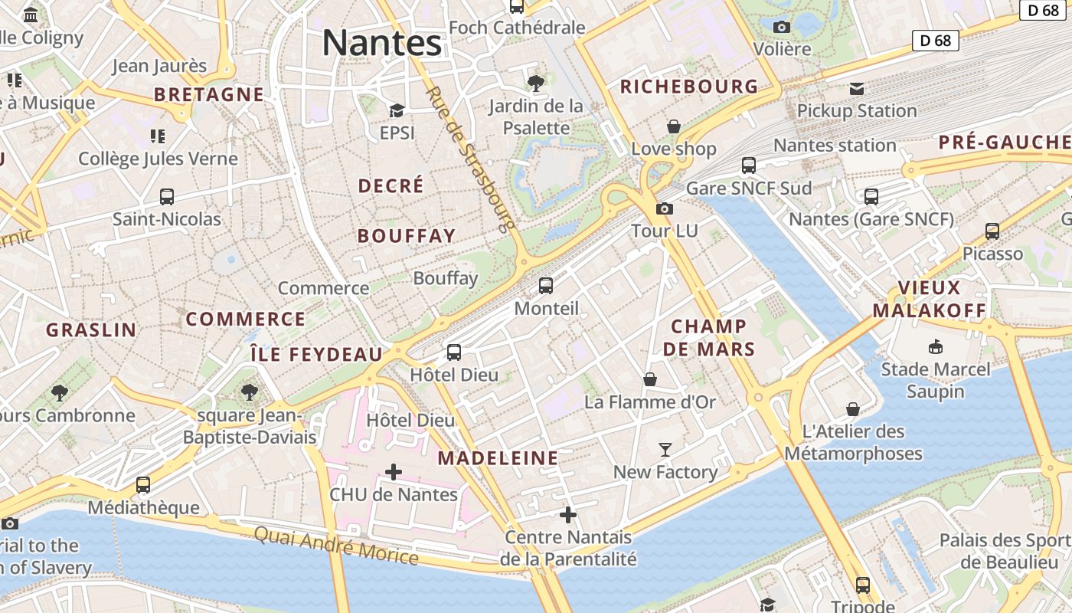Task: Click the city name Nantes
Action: (x=381, y=42)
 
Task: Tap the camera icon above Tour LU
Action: (x=665, y=208)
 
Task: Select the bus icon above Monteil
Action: (x=546, y=286)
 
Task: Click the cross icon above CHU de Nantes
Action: (x=393, y=472)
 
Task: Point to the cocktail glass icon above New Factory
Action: (x=665, y=449)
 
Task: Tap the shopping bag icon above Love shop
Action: (x=674, y=126)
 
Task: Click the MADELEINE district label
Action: (x=498, y=458)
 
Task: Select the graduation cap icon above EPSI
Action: (x=397, y=111)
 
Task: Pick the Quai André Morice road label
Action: (x=336, y=546)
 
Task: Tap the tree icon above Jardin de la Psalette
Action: (x=536, y=83)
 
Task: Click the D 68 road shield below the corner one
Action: (x=936, y=41)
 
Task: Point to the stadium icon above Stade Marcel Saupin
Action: (x=935, y=347)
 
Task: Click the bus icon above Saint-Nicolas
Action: (x=167, y=197)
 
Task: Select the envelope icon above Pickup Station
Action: (x=857, y=89)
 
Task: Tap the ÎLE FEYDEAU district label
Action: (x=316, y=354)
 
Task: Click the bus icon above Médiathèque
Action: (x=143, y=485)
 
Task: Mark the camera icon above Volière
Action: (x=782, y=28)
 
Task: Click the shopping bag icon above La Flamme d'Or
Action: (x=650, y=379)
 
